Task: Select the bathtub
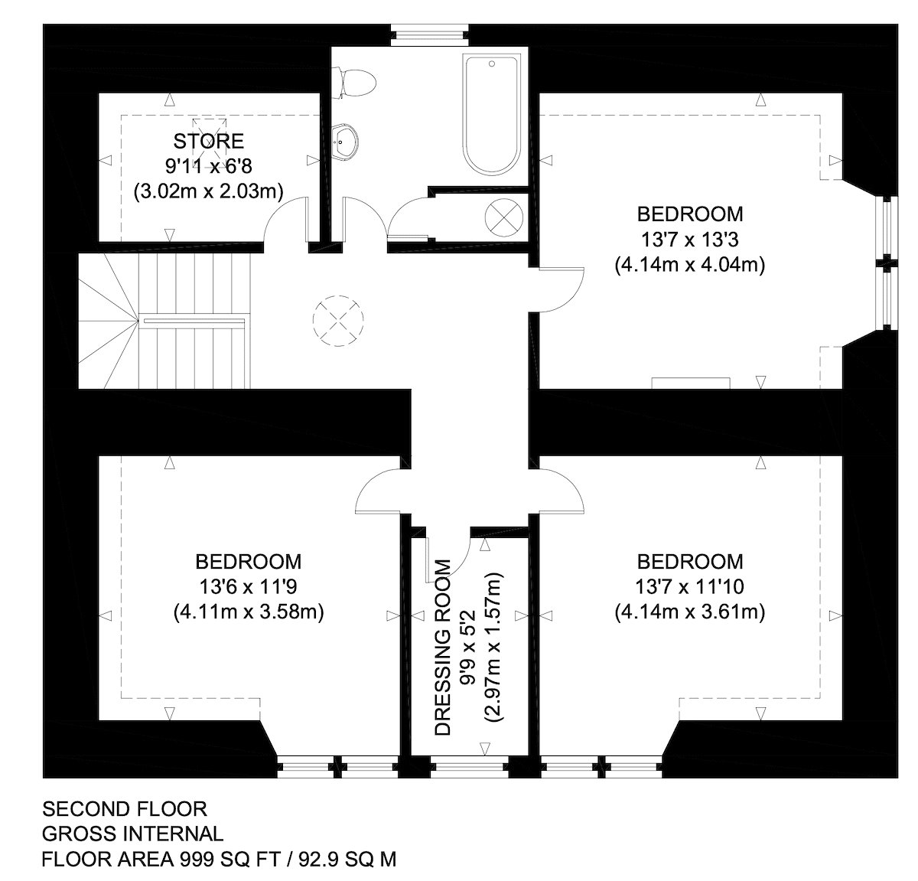492,116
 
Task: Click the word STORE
209,141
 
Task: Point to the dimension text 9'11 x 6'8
209,166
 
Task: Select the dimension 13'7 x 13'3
690,240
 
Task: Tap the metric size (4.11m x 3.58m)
249,612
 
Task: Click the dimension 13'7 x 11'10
690,587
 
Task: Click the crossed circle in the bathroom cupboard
504,217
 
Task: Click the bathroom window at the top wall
429,35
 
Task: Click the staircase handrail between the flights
194,321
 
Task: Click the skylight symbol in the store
210,134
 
